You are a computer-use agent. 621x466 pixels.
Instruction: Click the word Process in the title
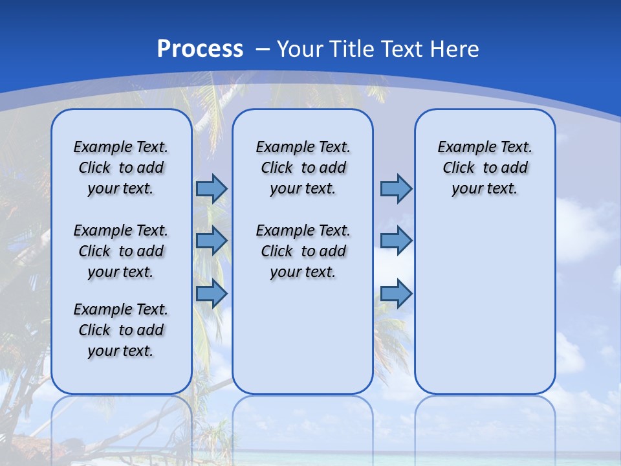200,49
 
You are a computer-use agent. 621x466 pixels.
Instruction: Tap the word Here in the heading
456,49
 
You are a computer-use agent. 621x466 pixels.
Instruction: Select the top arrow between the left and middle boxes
212,188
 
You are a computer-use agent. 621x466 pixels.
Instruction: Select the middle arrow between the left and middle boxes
212,241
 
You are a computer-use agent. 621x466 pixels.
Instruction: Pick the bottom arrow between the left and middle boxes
212,293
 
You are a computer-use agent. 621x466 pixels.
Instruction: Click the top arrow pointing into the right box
396,188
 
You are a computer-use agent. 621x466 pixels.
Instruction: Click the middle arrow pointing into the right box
396,241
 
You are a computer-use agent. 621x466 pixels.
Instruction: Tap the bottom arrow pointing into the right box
396,293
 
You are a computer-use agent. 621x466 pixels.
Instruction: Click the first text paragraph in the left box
121,168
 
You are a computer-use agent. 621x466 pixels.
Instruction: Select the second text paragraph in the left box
121,251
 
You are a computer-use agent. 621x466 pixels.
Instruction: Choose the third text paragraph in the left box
121,330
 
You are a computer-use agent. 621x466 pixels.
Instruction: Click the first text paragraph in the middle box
303,168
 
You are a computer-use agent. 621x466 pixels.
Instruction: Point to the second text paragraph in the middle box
303,251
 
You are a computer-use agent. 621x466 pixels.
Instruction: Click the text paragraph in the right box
485,168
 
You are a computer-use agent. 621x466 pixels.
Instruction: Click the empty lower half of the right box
485,311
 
